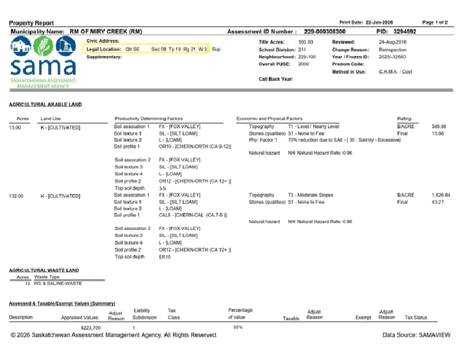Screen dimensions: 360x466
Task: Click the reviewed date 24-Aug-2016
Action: (393, 42)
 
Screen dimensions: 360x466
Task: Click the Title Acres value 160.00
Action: (305, 42)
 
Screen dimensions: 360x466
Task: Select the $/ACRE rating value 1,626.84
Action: (440, 195)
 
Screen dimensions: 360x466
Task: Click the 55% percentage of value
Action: (238, 327)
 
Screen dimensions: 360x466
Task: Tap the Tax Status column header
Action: (416, 318)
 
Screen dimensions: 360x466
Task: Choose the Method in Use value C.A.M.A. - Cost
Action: (399, 72)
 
